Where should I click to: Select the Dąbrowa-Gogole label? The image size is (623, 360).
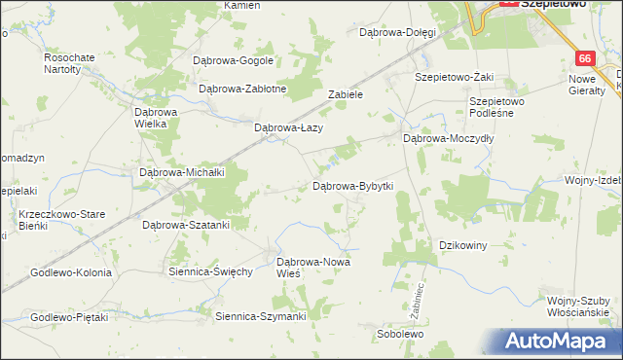click(x=234, y=60)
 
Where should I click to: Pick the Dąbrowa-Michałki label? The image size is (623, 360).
click(x=183, y=172)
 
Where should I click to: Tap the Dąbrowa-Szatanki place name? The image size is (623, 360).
click(x=186, y=225)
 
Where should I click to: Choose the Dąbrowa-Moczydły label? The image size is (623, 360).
click(x=449, y=138)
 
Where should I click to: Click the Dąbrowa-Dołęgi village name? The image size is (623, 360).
click(x=397, y=32)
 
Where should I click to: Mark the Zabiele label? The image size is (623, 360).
click(x=346, y=95)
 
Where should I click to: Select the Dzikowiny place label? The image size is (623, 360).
click(x=463, y=245)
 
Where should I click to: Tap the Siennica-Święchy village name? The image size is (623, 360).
click(x=210, y=270)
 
